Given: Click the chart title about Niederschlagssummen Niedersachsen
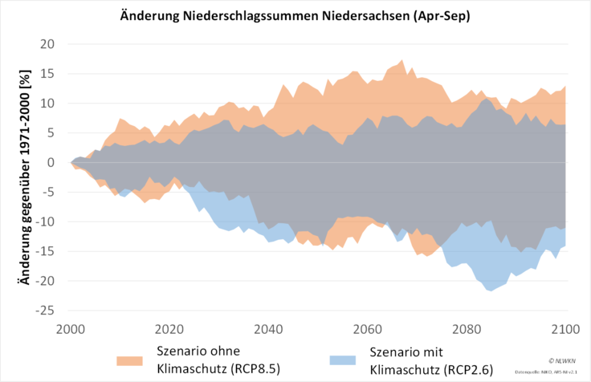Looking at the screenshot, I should (296, 16).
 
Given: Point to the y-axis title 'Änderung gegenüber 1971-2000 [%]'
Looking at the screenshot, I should (26, 176).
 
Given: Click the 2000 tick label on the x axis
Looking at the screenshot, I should (71, 329).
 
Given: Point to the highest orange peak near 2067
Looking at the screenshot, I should (401, 60).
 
